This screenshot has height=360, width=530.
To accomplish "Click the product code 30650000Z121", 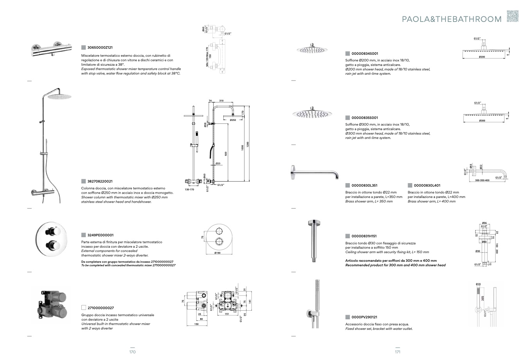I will coord(100,47).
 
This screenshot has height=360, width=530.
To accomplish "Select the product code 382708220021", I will coord(100,182).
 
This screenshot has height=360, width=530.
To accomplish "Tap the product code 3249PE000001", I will coord(100,235).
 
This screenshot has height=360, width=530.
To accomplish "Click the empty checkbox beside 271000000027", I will coord(83,308).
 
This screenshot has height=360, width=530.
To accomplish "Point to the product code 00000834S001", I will coord(365,54).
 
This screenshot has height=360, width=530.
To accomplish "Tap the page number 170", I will coord(133,352).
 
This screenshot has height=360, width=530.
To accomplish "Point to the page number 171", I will coord(397,352).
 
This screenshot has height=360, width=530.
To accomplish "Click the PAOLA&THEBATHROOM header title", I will coord(452,19).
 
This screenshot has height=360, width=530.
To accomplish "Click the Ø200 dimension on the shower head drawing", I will coord(482,58).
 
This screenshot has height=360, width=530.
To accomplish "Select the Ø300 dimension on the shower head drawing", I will coord(482,121).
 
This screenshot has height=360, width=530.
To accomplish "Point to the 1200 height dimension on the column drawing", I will coord(248,144).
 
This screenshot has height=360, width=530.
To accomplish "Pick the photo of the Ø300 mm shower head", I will coord(312,113).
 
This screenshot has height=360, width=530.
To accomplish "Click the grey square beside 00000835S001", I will coord(347,118).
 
